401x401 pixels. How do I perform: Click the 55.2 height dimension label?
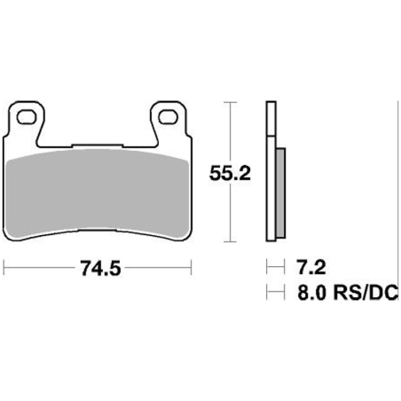[230, 173]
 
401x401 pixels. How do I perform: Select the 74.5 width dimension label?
[101, 269]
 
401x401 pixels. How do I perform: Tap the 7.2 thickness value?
[311, 267]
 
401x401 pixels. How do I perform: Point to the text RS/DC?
[366, 293]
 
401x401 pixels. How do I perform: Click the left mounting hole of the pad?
[25, 117]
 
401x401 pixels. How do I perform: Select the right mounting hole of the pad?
[168, 117]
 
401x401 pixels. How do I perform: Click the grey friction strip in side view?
[280, 193]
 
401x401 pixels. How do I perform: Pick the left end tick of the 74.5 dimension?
[4, 268]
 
